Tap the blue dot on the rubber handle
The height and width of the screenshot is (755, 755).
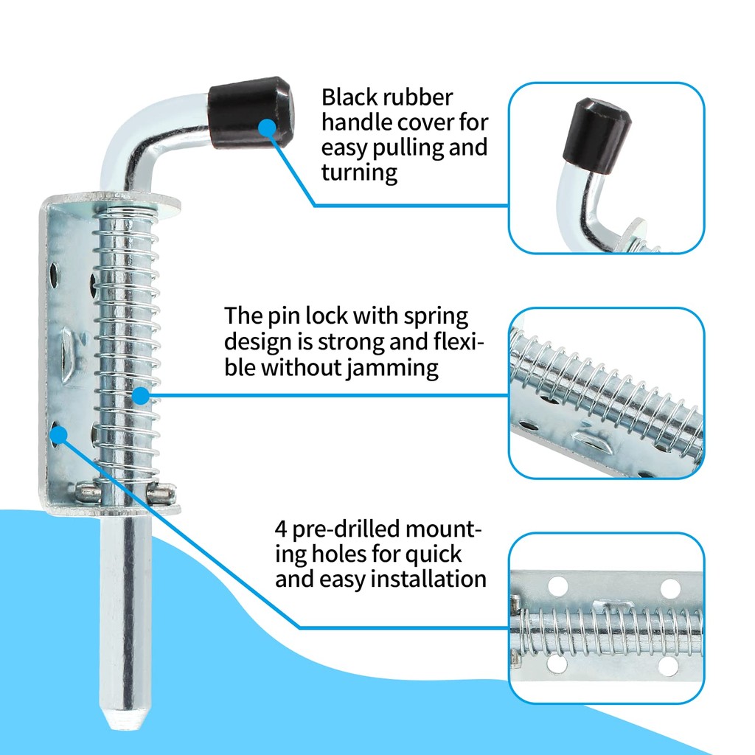(267, 128)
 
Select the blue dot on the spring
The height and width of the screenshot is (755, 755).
(140, 396)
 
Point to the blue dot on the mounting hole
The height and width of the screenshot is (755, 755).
(59, 435)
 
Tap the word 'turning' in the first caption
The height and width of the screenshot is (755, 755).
(359, 173)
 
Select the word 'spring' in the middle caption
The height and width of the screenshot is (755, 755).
(436, 317)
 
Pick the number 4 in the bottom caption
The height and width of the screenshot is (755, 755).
(281, 529)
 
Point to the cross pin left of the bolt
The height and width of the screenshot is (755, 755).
(88, 491)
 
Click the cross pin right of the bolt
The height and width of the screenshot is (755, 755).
(159, 493)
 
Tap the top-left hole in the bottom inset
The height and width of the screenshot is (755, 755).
(557, 586)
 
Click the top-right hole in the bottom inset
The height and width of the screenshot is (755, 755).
(669, 588)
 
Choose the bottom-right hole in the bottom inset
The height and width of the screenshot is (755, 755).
(668, 666)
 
